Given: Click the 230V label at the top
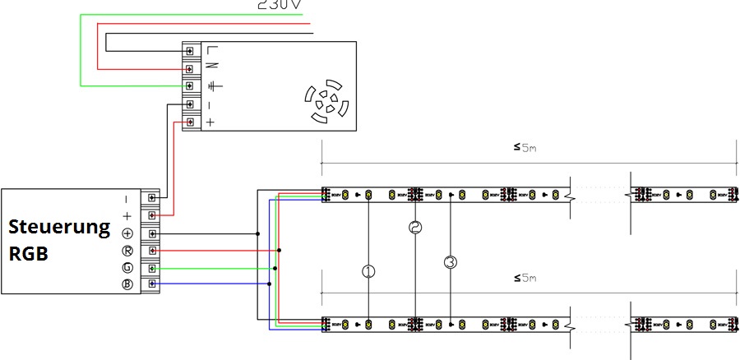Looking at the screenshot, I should [x=280, y=5].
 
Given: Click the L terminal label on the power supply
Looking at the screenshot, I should [x=211, y=50].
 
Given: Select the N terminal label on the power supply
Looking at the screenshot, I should [x=211, y=67].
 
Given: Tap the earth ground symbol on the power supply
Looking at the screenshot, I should [x=212, y=85].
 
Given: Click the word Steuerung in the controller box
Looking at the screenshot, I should [x=59, y=227].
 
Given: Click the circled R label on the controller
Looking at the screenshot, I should [x=127, y=251].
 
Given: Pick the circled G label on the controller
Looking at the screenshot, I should [x=127, y=268].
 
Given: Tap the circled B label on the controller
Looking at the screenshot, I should [x=127, y=285].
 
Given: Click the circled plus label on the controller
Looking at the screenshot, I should [x=127, y=233].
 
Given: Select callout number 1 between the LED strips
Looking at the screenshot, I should [x=368, y=270].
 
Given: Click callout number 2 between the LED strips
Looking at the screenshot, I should [x=415, y=228].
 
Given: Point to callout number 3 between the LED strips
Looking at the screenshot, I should [x=451, y=263].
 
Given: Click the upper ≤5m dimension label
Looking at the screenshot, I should [x=525, y=148].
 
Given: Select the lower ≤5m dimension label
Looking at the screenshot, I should [x=525, y=279].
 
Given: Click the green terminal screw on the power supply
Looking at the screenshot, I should [x=190, y=85].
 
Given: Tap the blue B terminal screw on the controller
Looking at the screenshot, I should [x=152, y=285].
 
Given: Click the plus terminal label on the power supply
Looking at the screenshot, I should [x=210, y=122].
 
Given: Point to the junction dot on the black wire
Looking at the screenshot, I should [x=258, y=233].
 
